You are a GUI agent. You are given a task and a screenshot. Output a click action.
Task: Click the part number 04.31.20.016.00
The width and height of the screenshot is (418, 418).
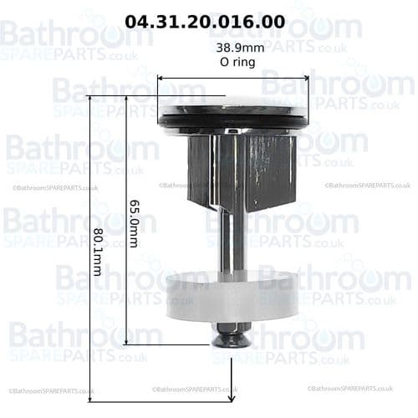point(216,19)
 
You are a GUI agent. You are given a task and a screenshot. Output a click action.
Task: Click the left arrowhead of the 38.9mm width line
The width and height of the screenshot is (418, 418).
point(161,79)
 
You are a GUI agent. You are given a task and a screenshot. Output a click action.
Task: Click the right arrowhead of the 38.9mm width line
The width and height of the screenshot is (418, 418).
point(305,79)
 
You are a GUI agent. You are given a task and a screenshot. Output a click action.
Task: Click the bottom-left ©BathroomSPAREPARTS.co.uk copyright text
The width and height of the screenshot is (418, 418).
point(52,390)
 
